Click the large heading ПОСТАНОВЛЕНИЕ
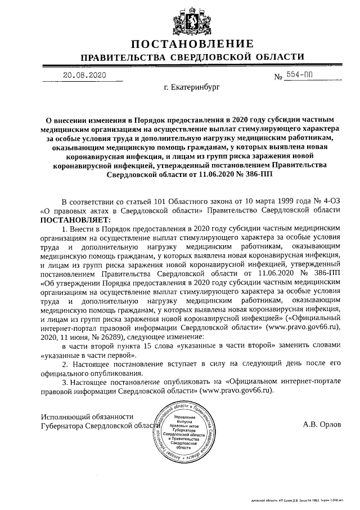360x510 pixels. [192, 45]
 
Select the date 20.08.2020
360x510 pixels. [84, 74]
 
